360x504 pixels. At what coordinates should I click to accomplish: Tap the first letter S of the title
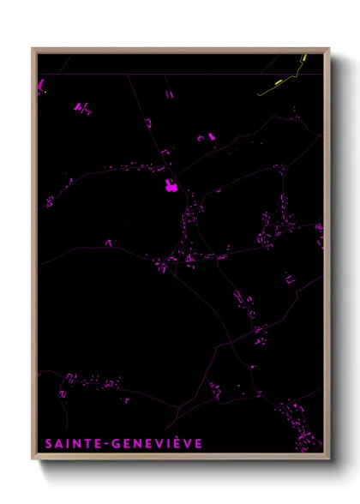coord(46,443)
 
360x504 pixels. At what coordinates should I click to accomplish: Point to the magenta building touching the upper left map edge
coord(39,83)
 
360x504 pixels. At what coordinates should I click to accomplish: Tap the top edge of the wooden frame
coord(180,50)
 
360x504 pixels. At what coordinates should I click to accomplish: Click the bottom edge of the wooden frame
coord(180,454)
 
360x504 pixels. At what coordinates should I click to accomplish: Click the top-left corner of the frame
coord(34,50)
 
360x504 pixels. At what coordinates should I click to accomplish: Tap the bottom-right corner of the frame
coord(327,454)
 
